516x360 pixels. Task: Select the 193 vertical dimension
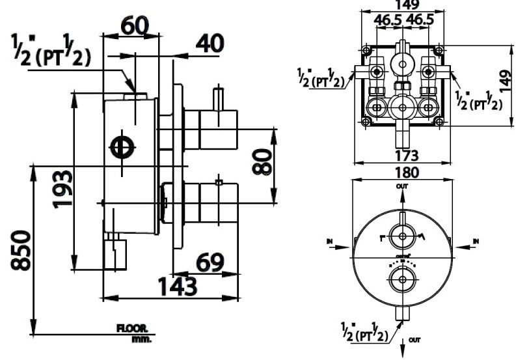pos(63,188)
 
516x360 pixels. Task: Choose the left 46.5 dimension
pos(388,20)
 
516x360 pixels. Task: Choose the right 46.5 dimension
pos(420,20)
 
